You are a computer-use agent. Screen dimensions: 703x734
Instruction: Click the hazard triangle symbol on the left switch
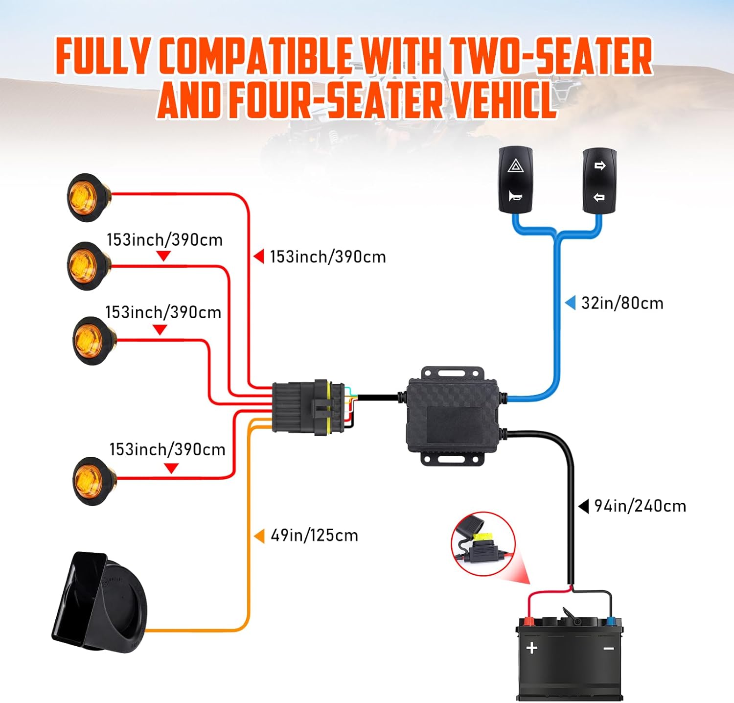point(515,166)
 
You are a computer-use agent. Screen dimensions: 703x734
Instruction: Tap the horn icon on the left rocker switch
point(515,196)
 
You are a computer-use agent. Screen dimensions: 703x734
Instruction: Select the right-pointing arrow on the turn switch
point(599,165)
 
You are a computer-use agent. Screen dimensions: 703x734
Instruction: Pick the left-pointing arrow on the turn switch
point(599,197)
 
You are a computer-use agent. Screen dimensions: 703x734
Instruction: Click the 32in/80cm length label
point(622,304)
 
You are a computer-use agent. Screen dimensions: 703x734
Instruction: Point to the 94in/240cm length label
point(640,506)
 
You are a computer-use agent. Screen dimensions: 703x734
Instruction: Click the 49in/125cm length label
point(314,536)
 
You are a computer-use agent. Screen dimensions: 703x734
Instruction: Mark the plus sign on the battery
point(532,648)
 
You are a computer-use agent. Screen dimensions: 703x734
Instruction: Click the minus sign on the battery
point(609,649)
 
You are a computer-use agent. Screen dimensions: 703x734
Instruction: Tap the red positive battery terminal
point(528,622)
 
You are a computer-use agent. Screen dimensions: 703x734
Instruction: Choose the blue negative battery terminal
point(610,622)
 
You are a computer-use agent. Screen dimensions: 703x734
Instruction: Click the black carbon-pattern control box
point(453,416)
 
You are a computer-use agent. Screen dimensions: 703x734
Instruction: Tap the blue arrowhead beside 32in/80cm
point(570,303)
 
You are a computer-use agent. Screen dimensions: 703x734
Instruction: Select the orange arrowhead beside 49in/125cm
point(259,536)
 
